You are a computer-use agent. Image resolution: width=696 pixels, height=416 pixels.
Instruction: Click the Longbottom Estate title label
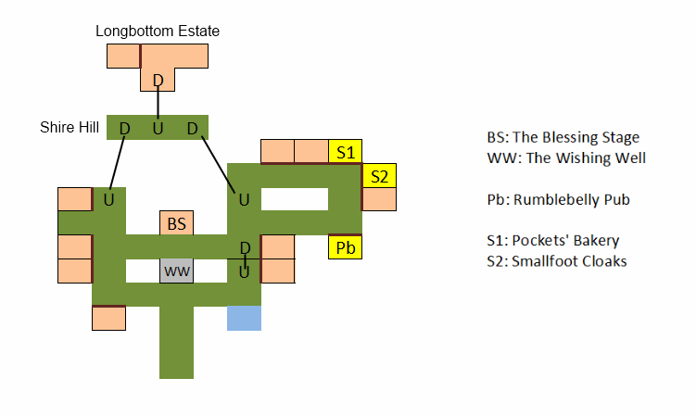158,32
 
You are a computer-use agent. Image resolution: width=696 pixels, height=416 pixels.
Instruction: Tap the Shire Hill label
70,127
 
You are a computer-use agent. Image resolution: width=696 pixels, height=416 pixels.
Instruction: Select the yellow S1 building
345,151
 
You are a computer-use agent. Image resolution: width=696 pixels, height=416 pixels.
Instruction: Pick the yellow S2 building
378,175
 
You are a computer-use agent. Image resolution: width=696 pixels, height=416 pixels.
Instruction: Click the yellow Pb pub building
345,248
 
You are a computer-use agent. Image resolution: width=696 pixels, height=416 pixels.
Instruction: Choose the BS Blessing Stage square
176,223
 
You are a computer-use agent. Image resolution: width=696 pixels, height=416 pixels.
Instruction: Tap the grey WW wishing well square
176,271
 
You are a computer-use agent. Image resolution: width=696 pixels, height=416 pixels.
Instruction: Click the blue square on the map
244,318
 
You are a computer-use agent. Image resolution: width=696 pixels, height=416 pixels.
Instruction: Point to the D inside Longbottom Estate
158,82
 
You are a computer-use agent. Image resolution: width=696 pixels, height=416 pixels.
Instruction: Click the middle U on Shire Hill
158,128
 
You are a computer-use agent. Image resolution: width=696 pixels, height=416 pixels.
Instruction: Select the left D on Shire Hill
124,128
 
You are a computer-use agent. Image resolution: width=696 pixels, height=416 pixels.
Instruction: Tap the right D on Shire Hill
192,128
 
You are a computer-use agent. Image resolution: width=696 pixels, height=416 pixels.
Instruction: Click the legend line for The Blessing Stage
563,138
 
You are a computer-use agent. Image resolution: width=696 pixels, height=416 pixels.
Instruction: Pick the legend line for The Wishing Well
565,158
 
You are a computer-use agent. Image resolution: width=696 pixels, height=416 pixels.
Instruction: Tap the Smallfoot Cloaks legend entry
556,261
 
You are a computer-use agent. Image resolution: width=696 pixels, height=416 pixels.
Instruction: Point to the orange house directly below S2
378,199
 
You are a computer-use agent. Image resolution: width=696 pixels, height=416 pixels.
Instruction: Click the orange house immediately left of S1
310,151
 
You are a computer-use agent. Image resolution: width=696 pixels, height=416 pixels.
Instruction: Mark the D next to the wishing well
245,247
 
